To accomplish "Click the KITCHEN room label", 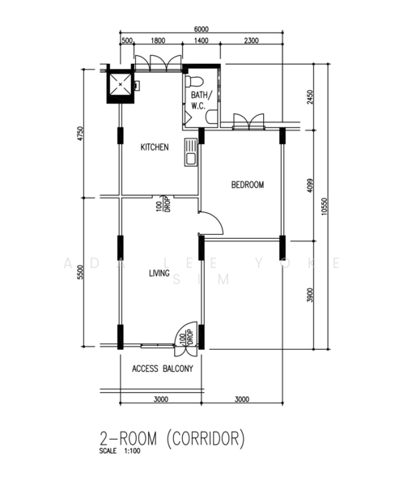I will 154,147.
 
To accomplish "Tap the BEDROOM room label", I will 248,185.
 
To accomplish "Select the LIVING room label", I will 159,274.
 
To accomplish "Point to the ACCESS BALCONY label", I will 162,369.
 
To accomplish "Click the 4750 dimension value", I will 80,133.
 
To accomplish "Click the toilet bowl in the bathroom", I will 193,83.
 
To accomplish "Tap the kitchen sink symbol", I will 191,151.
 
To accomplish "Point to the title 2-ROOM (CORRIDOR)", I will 171,439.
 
